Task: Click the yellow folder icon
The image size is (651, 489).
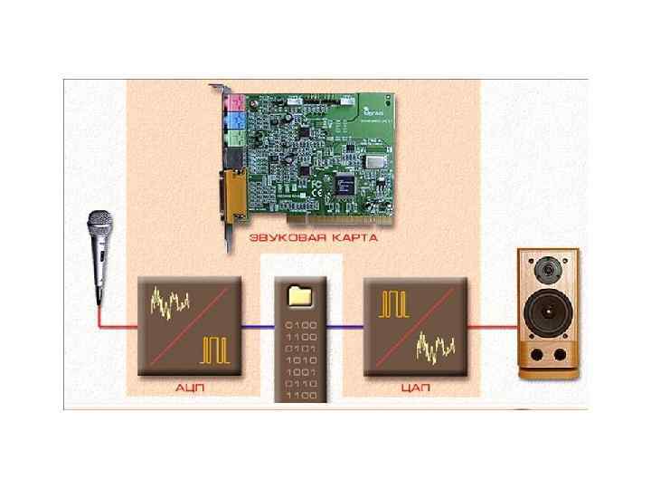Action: [299, 295]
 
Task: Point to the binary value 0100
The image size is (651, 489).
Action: [302, 322]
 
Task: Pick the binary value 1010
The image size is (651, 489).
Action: [302, 359]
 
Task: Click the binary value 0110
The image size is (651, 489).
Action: [302, 384]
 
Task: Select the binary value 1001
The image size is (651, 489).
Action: [302, 371]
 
